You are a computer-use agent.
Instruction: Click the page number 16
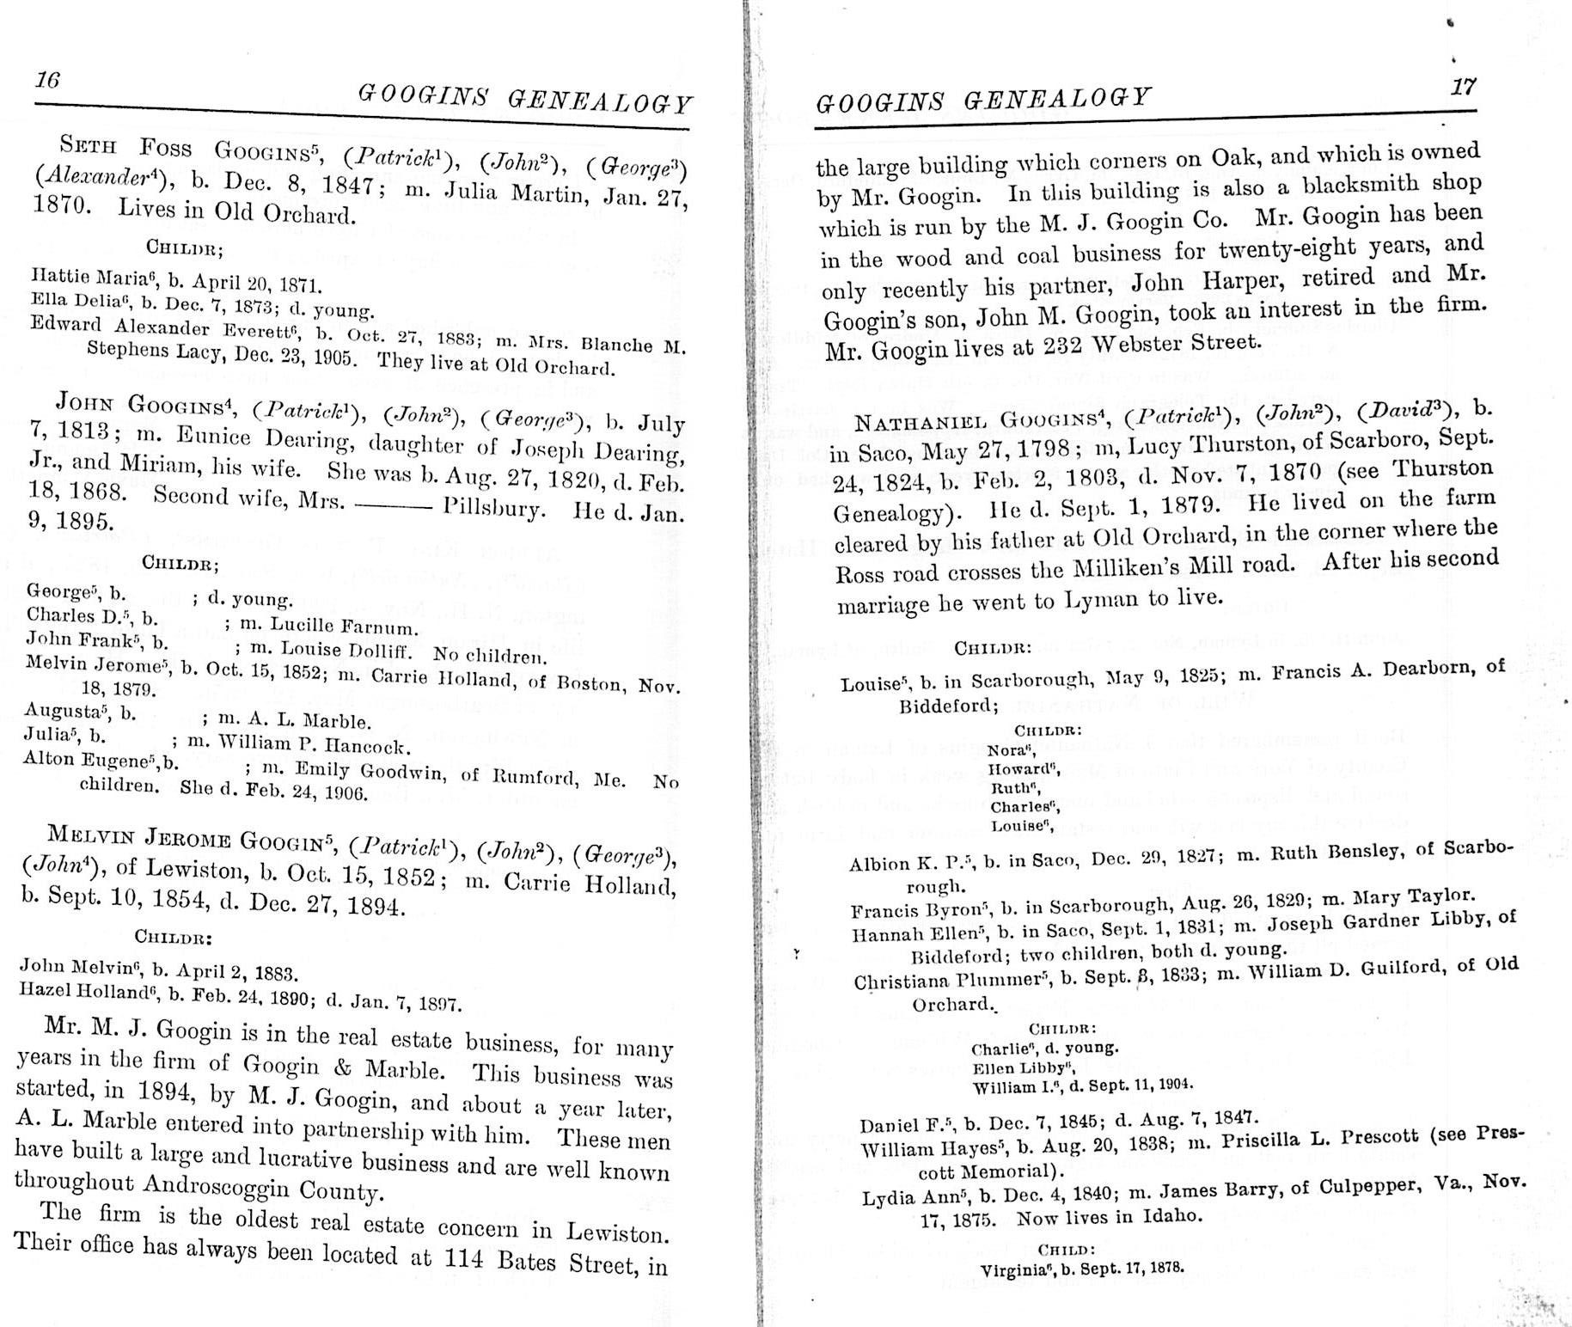point(47,80)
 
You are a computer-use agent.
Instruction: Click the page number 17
point(1463,87)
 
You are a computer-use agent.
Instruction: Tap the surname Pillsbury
point(493,508)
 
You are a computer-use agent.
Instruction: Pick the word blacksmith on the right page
point(1375,187)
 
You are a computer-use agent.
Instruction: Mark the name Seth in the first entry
point(87,144)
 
